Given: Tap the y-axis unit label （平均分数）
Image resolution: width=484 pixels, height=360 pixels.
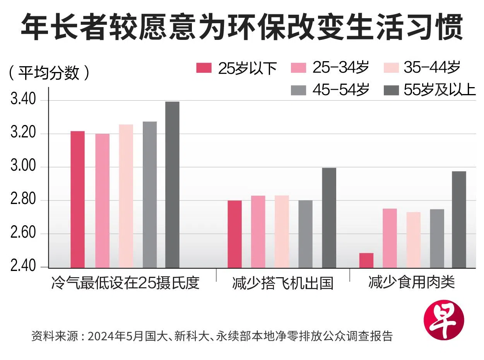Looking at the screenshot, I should (x=49, y=72).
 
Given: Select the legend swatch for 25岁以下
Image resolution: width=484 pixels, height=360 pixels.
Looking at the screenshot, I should (x=204, y=68).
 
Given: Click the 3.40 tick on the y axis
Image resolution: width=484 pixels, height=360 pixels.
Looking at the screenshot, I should (x=23, y=100).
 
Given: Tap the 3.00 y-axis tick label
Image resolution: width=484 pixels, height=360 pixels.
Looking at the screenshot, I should (x=23, y=167).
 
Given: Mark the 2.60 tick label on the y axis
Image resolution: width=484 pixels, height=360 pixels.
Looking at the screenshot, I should (x=23, y=234).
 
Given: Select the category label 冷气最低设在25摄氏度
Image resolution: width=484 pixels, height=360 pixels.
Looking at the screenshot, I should (x=125, y=283).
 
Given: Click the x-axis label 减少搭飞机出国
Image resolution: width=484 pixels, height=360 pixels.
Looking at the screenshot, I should (x=283, y=283).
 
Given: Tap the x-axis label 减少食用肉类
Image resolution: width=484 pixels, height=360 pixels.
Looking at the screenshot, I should (x=411, y=283).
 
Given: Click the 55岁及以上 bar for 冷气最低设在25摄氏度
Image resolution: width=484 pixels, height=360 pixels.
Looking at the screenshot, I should (x=173, y=184).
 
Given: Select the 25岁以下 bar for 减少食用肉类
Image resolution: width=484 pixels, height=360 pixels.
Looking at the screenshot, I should (x=366, y=260).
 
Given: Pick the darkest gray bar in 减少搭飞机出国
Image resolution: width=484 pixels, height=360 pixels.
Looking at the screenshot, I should (x=329, y=218).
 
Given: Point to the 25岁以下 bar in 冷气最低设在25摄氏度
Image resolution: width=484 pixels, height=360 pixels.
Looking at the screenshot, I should (x=77, y=199).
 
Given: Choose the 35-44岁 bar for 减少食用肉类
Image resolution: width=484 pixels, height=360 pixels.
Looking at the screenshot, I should (x=413, y=240).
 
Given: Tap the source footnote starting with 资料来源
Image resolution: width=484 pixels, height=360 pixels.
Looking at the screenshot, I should (x=212, y=336).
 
